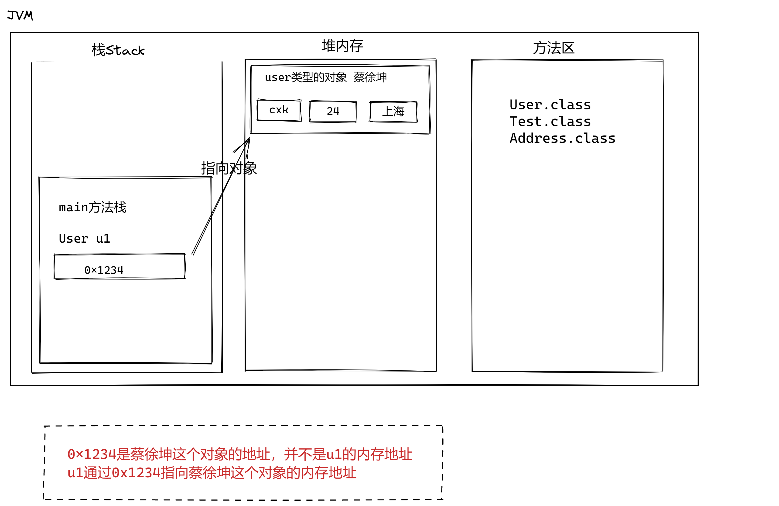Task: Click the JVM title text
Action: coord(20,15)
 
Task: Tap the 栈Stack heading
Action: coord(118,50)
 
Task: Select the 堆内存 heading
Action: coord(342,45)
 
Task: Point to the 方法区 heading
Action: coord(553,48)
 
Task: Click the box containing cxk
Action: coord(279,110)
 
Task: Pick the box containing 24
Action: coord(333,112)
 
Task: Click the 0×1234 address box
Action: coord(120,266)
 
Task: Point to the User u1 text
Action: coord(85,238)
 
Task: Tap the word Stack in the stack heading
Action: coord(125,50)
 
